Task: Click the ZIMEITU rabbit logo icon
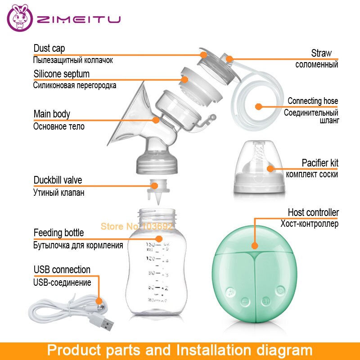(x=20, y=20)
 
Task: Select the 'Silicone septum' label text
(x=61, y=74)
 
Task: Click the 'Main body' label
(x=52, y=114)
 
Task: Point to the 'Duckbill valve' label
(x=58, y=180)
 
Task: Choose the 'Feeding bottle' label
(x=58, y=233)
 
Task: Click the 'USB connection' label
(x=62, y=270)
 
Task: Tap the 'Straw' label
(x=321, y=53)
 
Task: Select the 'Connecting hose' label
(x=313, y=101)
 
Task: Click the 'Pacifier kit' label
(x=319, y=163)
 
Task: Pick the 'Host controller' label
(x=313, y=212)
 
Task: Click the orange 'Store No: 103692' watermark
(x=136, y=226)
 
